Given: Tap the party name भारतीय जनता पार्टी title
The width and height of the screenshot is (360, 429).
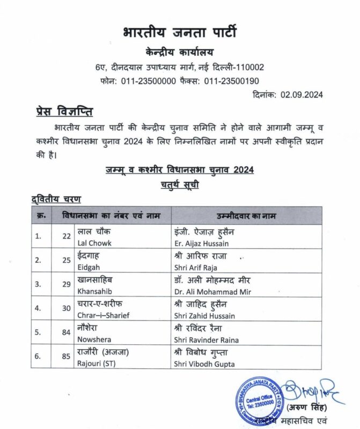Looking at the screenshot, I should (180, 32).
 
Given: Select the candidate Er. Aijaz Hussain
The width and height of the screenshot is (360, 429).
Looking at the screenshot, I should (204, 242).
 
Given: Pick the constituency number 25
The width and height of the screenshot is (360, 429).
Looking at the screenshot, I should (67, 260).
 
